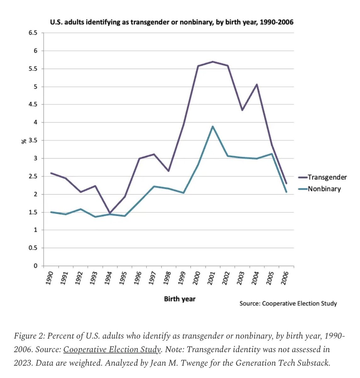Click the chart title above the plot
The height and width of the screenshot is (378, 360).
point(172,22)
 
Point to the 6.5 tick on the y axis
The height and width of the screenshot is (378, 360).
point(33,33)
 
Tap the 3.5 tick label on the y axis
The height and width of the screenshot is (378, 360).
point(33,140)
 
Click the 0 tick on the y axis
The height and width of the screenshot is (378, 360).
point(35,266)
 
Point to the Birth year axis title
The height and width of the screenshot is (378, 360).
point(180,299)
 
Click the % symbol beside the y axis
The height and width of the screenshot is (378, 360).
point(24,141)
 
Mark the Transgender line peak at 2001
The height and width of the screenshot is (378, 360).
point(213,61)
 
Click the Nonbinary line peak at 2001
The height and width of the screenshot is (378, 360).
point(213,126)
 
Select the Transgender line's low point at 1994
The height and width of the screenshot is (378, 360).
point(110,213)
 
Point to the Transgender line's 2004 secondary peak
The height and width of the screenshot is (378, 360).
point(257,84)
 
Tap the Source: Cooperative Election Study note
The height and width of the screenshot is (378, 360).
point(288,304)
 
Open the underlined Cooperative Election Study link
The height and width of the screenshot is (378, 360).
point(112,349)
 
